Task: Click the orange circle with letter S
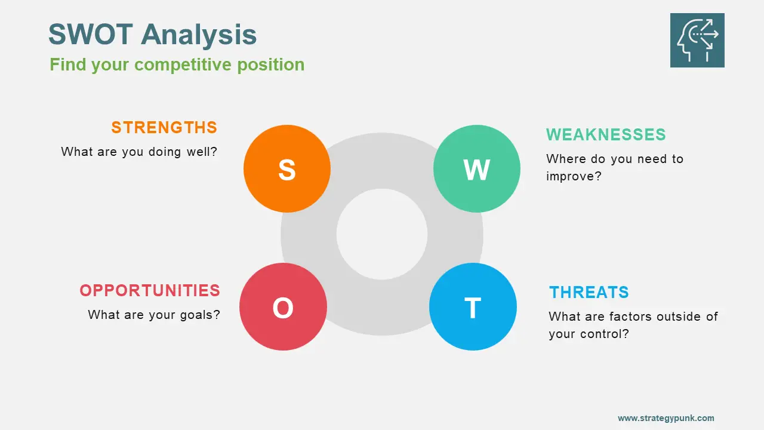[287, 168]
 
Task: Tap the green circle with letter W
[477, 168]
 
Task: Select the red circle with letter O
[283, 306]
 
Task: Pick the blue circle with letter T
[473, 306]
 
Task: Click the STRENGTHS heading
[164, 128]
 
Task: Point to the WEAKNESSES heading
[606, 134]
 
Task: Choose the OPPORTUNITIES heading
[150, 291]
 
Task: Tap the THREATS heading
[589, 293]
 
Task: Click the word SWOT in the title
[90, 34]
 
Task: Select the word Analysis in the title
[199, 35]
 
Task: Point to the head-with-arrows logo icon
[697, 40]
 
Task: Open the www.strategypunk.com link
[666, 418]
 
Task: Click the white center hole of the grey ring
[382, 234]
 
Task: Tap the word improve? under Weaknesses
[574, 176]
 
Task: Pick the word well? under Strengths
[202, 152]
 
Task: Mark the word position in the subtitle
[271, 65]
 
